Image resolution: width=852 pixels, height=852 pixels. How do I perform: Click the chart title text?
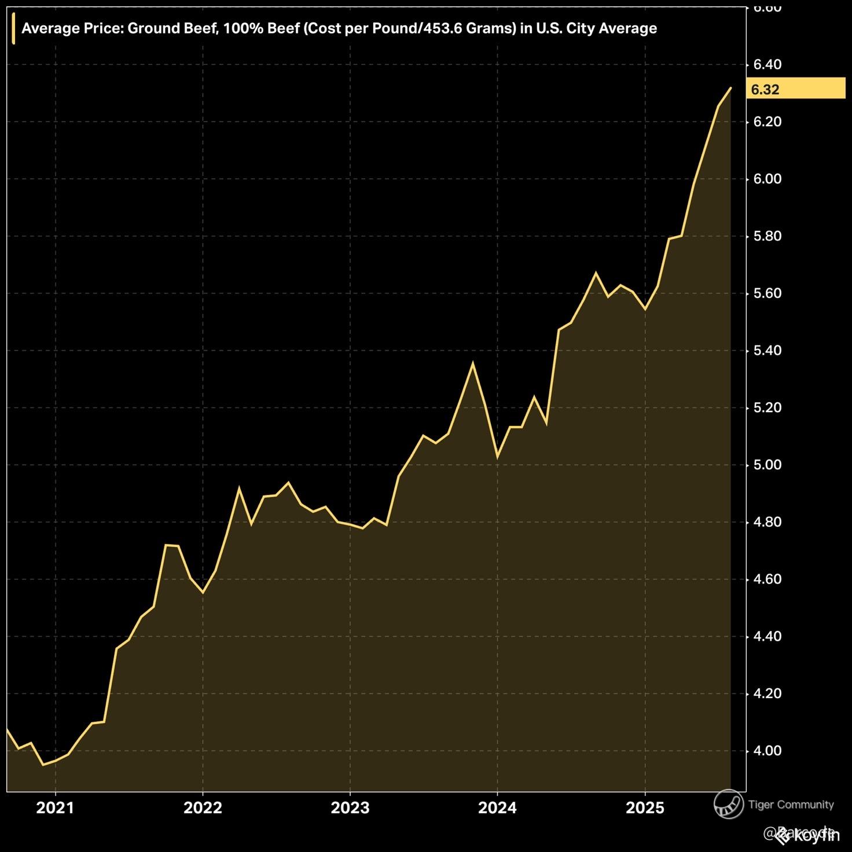pyautogui.click(x=339, y=28)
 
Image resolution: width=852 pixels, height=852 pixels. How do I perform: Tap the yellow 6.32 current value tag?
pyautogui.click(x=795, y=89)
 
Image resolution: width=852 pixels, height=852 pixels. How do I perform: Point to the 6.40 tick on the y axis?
pyautogui.click(x=767, y=64)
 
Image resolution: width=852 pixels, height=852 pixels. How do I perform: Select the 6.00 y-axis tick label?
pyautogui.click(x=767, y=179)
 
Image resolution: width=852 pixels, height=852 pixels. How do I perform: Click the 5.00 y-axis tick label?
pyautogui.click(x=767, y=465)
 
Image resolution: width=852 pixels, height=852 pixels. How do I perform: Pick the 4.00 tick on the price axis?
pyautogui.click(x=767, y=751)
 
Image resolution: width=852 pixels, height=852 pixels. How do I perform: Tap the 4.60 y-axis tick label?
pyautogui.click(x=767, y=579)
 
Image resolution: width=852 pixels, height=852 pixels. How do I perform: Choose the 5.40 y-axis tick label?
pyautogui.click(x=767, y=350)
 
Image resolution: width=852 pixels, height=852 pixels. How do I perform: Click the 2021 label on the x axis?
pyautogui.click(x=55, y=807)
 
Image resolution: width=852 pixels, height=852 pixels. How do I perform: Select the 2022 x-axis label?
pyautogui.click(x=203, y=807)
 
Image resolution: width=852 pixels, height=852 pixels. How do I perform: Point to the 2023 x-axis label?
pyautogui.click(x=350, y=807)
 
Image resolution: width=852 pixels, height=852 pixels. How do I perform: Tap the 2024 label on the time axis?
pyautogui.click(x=497, y=807)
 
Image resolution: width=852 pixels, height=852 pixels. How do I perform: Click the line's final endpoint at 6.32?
pyautogui.click(x=731, y=88)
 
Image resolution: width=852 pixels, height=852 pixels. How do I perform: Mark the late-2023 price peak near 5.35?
pyautogui.click(x=473, y=363)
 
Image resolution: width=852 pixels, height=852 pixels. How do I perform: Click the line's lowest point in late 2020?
pyautogui.click(x=43, y=765)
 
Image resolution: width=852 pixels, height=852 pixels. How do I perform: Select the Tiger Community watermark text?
pyautogui.click(x=791, y=805)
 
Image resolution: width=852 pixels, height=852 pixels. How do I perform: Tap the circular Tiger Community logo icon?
pyautogui.click(x=729, y=805)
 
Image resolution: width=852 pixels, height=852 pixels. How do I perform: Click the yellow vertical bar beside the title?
pyautogui.click(x=13, y=28)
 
